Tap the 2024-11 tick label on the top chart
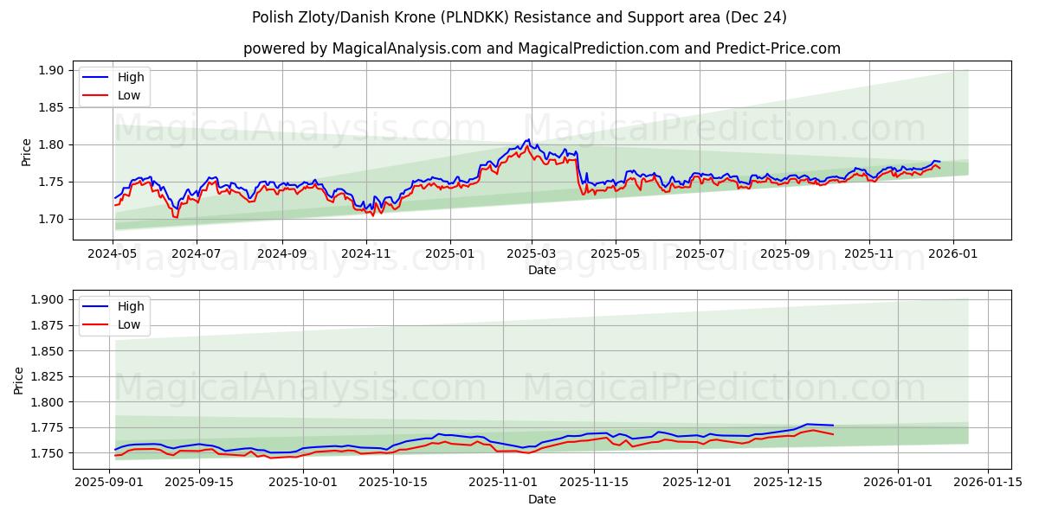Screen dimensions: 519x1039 [366, 254]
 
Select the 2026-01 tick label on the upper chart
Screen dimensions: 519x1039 [953, 254]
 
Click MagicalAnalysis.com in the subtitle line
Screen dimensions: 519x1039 [407, 48]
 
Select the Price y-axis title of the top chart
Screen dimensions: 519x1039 [26, 151]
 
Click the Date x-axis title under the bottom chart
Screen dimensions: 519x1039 [542, 499]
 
